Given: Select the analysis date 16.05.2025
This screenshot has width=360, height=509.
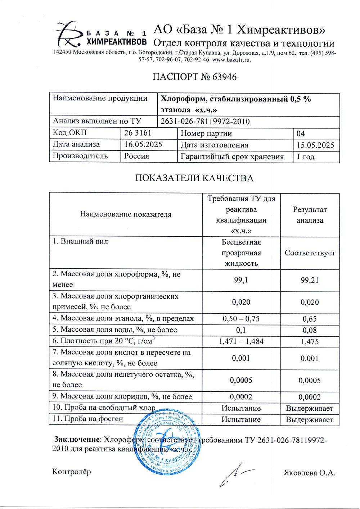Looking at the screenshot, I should click(x=143, y=145).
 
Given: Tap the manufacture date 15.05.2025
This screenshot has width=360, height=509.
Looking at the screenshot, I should click(x=315, y=145).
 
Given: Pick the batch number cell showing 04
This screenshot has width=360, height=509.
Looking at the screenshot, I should click(x=301, y=133).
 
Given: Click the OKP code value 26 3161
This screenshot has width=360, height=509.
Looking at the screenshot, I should click(x=138, y=133).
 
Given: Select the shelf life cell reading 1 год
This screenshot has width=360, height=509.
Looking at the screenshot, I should click(x=305, y=156).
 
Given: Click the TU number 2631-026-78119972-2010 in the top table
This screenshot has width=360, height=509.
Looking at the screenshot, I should click(x=205, y=122).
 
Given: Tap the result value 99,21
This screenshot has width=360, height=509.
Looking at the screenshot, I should click(x=310, y=280).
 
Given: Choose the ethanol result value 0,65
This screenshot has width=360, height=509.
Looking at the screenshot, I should click(x=310, y=319).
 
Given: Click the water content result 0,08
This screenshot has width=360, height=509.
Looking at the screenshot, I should click(x=310, y=330).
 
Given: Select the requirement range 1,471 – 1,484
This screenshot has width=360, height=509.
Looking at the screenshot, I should click(x=241, y=341).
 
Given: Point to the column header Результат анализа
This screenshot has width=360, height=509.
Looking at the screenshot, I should click(x=310, y=215).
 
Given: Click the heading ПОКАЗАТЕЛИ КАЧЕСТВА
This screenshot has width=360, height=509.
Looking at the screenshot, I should click(x=194, y=178).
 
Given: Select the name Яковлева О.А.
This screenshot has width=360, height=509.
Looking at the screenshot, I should click(x=309, y=473).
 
